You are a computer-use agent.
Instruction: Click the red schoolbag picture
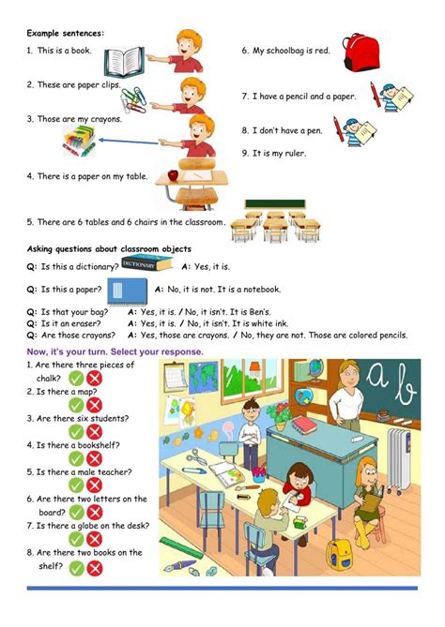tap(361, 52)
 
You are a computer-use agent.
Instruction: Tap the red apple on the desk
tap(173, 174)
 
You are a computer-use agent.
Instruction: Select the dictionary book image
tap(146, 262)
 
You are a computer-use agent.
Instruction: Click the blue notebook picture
tap(128, 291)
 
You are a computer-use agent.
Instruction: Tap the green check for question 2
tap(76, 405)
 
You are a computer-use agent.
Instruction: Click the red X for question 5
tap(95, 485)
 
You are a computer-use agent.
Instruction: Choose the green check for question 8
tap(76, 568)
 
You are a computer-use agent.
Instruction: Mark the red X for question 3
tap(95, 432)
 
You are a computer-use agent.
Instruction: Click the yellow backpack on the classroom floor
tap(339, 554)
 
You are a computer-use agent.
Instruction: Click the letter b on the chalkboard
tap(405, 384)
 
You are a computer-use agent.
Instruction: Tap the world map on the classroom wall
tap(204, 377)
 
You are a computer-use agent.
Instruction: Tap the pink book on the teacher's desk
tap(304, 425)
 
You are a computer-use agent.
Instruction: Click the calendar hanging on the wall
tap(175, 377)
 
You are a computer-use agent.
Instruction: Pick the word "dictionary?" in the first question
tap(98, 267)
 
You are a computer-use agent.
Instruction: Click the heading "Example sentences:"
tap(66, 33)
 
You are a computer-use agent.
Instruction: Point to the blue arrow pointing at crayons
tap(129, 142)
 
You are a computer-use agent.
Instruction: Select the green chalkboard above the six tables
tap(275, 204)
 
